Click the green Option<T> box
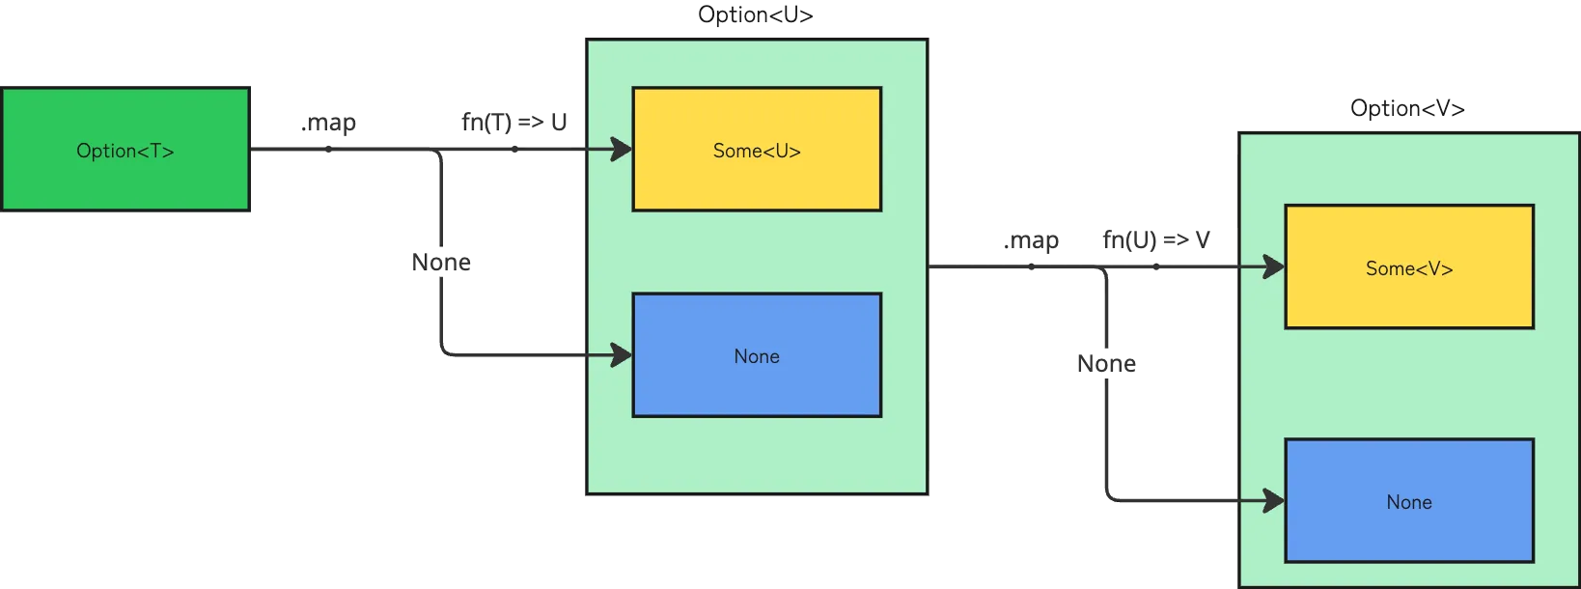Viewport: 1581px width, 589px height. click(125, 150)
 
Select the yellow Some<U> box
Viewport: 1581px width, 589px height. click(757, 150)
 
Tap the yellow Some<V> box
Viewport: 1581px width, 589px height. click(1409, 267)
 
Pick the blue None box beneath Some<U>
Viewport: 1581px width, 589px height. click(757, 355)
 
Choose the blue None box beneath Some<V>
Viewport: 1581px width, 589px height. click(1409, 501)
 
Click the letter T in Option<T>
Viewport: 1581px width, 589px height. click(156, 151)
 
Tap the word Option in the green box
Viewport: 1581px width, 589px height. click(105, 151)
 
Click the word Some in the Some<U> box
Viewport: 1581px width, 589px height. click(735, 151)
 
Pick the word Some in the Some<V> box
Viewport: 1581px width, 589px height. click(1387, 268)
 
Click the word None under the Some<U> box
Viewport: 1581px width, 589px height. click(757, 356)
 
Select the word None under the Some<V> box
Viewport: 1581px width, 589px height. click(1409, 502)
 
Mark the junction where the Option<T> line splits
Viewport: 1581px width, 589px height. click(440, 151)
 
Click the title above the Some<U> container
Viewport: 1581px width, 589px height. click(757, 14)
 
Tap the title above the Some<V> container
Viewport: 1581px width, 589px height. click(1408, 106)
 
